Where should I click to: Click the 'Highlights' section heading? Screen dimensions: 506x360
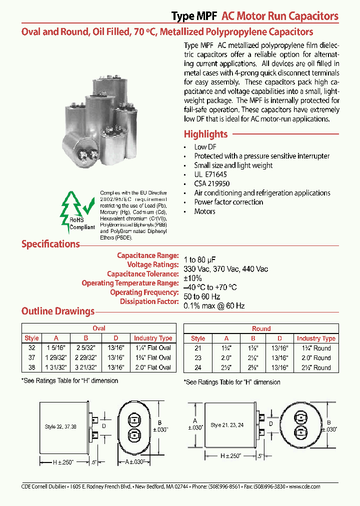coord(205,134)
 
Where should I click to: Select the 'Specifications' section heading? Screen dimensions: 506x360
coord(50,244)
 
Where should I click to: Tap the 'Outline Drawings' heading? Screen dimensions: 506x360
coord(58,311)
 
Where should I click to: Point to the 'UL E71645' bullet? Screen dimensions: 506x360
coord(210,174)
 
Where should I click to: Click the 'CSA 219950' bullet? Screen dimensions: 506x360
coord(212,183)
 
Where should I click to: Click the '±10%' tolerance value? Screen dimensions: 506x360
coord(192,278)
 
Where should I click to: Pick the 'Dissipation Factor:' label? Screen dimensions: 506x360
coord(149,301)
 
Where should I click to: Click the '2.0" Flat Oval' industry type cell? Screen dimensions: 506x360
coord(152,367)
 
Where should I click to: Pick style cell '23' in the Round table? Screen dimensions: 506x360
coord(198,357)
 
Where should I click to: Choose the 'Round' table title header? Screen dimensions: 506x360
coord(261,328)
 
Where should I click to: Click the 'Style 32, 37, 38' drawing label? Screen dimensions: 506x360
coord(61,427)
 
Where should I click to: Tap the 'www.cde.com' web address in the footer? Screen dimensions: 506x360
coord(304,486)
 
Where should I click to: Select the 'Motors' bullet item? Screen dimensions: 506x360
coord(204,211)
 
